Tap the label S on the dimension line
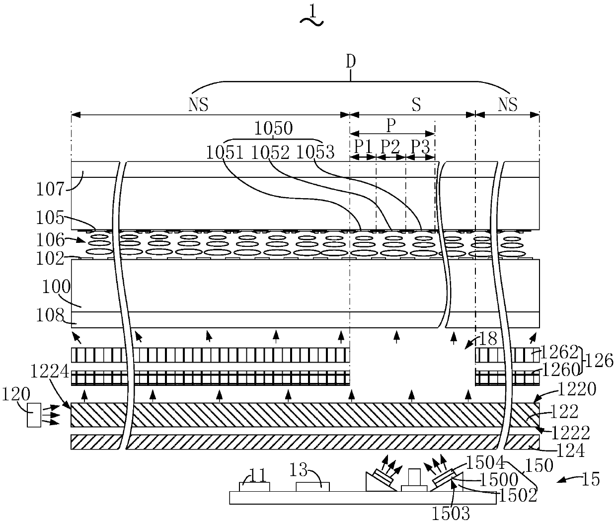coord(416,105)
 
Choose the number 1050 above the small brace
coord(273,129)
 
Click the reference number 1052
coord(270,152)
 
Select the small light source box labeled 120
coord(34,415)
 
